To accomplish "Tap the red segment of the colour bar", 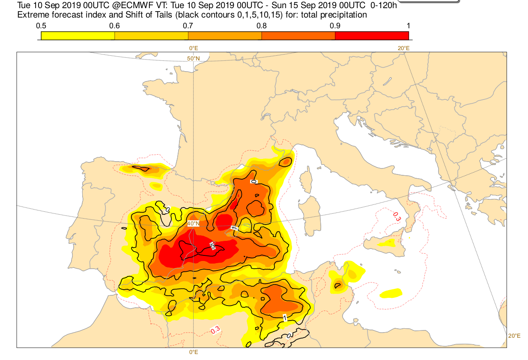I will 371,36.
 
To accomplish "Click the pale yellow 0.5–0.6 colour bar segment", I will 78,36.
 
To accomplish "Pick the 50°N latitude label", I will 193,59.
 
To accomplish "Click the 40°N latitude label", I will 193,223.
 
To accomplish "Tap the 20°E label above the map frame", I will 403,48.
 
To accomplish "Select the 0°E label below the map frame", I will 193,352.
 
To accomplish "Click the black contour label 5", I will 212,246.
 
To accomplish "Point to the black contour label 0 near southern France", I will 254,182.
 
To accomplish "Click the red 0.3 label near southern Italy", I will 397,217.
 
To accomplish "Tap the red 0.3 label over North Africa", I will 215,330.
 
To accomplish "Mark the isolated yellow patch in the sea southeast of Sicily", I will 391,293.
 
